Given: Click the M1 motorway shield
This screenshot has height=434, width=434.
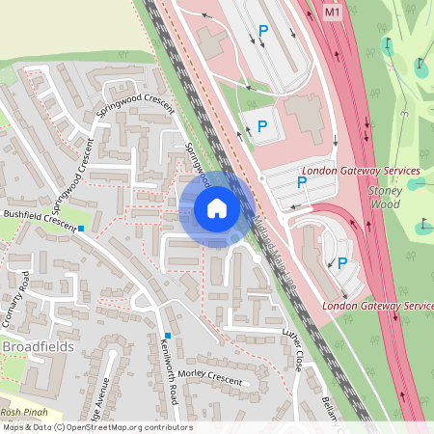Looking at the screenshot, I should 333,13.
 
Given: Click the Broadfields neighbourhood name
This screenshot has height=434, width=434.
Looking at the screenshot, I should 39,346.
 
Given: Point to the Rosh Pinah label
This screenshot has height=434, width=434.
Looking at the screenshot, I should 23,411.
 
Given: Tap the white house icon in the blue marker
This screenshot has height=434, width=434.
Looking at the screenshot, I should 217,207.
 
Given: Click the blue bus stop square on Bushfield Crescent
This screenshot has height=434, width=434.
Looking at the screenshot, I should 82,229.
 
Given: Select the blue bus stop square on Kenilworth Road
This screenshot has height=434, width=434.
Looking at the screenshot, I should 167,335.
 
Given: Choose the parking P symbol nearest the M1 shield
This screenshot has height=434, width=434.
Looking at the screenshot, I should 263,32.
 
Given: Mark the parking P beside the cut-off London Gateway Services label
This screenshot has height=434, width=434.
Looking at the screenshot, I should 341,261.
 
